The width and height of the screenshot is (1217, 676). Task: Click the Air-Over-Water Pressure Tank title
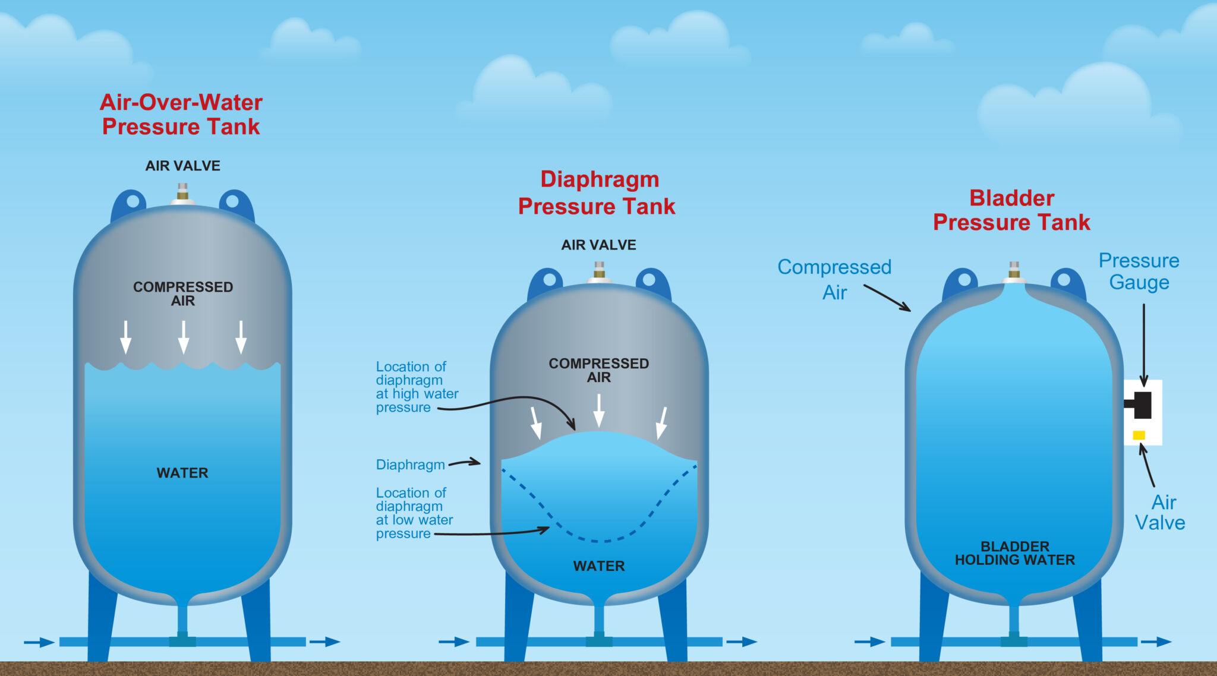[181, 115]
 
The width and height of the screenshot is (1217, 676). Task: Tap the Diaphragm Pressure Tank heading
[597, 193]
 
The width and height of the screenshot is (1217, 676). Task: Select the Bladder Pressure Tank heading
[1011, 210]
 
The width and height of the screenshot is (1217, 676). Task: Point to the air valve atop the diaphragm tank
[599, 271]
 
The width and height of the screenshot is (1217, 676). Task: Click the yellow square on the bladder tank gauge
[1139, 435]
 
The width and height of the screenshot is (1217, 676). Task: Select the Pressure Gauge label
[1139, 271]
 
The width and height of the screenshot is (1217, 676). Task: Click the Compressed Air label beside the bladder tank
[834, 279]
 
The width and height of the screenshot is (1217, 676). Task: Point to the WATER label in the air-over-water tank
[182, 473]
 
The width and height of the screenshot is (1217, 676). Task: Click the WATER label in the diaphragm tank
[599, 566]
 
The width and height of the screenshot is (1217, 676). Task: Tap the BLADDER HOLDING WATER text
[1015, 553]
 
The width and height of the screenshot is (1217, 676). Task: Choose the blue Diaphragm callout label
[410, 465]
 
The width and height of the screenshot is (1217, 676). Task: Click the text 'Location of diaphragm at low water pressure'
[414, 513]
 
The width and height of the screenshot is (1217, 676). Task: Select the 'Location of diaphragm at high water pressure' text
[417, 387]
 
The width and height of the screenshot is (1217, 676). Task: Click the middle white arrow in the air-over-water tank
[184, 337]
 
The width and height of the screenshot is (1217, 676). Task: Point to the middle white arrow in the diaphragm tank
[599, 410]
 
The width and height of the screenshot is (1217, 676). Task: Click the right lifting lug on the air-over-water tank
[235, 203]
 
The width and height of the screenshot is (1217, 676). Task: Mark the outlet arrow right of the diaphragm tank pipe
[741, 642]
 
